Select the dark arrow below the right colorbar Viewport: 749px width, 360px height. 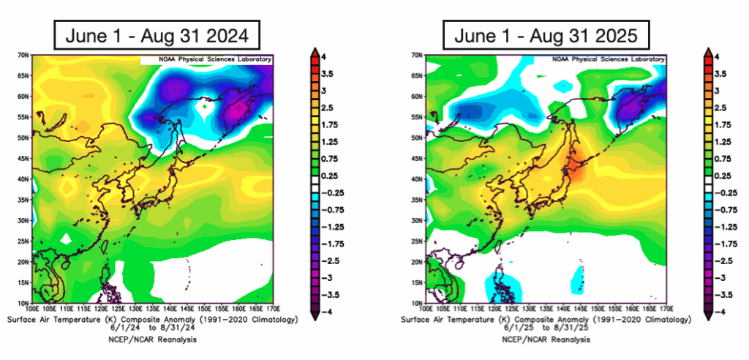pos(707,312)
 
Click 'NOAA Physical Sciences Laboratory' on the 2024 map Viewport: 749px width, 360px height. pos(207,59)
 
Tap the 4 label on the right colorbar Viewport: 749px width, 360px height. pos(717,57)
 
